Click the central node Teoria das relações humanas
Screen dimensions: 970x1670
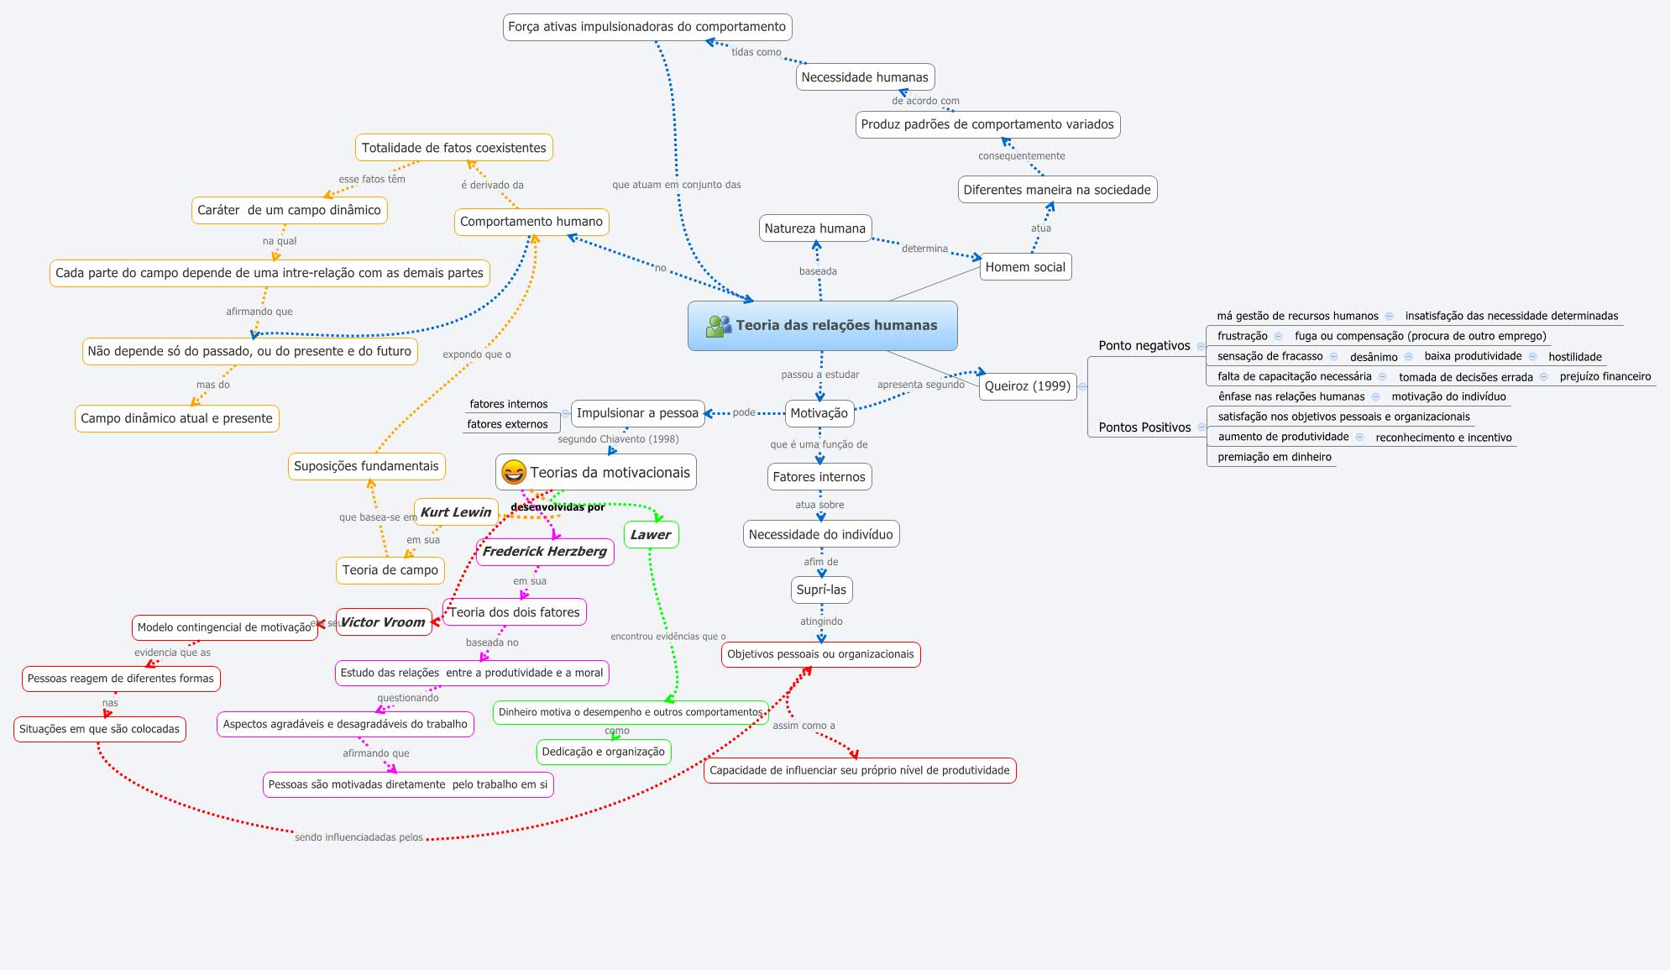[x=835, y=326]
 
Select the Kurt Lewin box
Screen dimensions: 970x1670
[x=455, y=512]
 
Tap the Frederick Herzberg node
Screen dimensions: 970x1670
[x=544, y=552]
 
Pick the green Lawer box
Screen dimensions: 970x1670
[x=651, y=535]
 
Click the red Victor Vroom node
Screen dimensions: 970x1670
[x=383, y=622]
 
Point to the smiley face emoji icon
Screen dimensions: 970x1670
[x=513, y=473]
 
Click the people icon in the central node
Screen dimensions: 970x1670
[x=718, y=326]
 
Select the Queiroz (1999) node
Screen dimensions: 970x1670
[x=1027, y=386]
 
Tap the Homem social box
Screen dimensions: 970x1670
[x=1024, y=267]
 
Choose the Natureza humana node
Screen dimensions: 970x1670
[x=814, y=228]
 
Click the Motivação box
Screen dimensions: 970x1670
[x=819, y=413]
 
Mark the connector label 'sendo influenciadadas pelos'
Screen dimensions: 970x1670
[x=359, y=837]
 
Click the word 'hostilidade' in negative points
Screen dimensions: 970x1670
[x=1575, y=357]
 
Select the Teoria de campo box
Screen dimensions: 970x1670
[x=390, y=570]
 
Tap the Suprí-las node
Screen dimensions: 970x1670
[x=821, y=590]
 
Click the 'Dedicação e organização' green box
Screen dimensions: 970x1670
[x=603, y=752]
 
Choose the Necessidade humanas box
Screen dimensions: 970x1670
[x=864, y=77]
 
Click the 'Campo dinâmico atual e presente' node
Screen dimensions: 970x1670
[x=176, y=418]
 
